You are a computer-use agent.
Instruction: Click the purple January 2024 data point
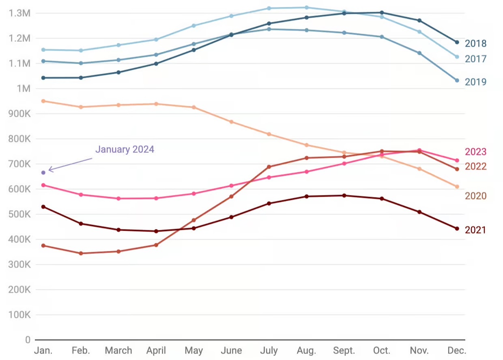43,173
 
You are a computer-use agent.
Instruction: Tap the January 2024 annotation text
125,150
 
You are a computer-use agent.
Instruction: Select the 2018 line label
475,43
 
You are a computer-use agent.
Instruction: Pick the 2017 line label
475,59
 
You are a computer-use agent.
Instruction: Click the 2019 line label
475,82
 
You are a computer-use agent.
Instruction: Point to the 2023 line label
475,152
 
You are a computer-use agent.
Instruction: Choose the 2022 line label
475,167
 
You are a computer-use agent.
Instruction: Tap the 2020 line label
475,196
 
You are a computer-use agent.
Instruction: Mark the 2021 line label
475,230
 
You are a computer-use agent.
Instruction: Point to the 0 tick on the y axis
28,340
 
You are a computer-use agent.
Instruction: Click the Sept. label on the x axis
344,351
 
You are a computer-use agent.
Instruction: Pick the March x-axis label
118,351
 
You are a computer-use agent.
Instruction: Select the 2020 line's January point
43,101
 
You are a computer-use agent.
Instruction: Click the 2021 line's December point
457,229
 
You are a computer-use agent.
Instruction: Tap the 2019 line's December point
457,80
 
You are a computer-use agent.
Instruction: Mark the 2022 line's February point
81,253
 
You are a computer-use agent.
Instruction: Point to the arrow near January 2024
70,165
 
